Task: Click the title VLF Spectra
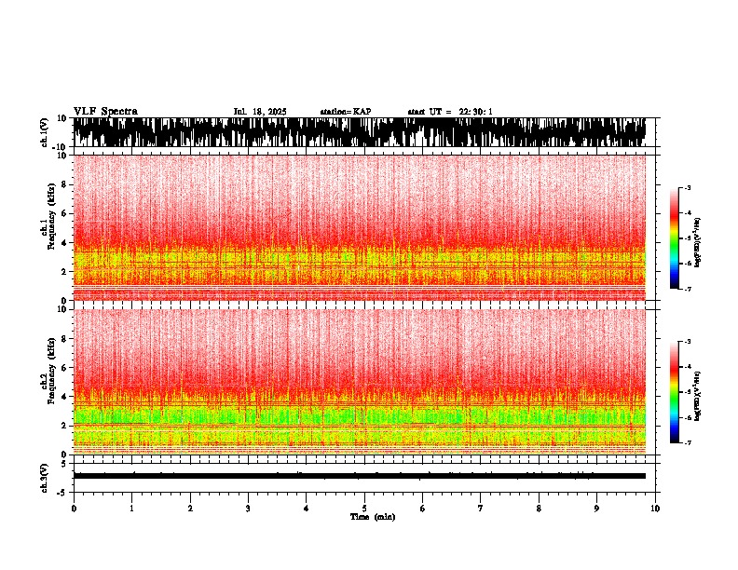[x=104, y=111]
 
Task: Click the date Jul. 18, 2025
[x=260, y=112]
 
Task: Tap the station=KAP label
[x=346, y=112]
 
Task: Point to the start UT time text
[x=450, y=112]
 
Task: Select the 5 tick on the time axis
[x=364, y=509]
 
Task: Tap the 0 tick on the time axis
[x=74, y=509]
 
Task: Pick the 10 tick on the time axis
[x=655, y=509]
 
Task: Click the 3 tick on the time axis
[x=248, y=509]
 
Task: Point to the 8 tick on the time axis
[x=539, y=509]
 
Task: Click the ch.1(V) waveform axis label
[x=44, y=132]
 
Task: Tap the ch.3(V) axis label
[x=44, y=476]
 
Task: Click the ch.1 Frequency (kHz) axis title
[x=47, y=228]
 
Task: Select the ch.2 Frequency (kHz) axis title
[x=47, y=382]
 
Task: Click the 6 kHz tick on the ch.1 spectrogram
[x=64, y=214]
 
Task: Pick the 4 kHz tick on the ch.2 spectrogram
[x=64, y=396]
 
